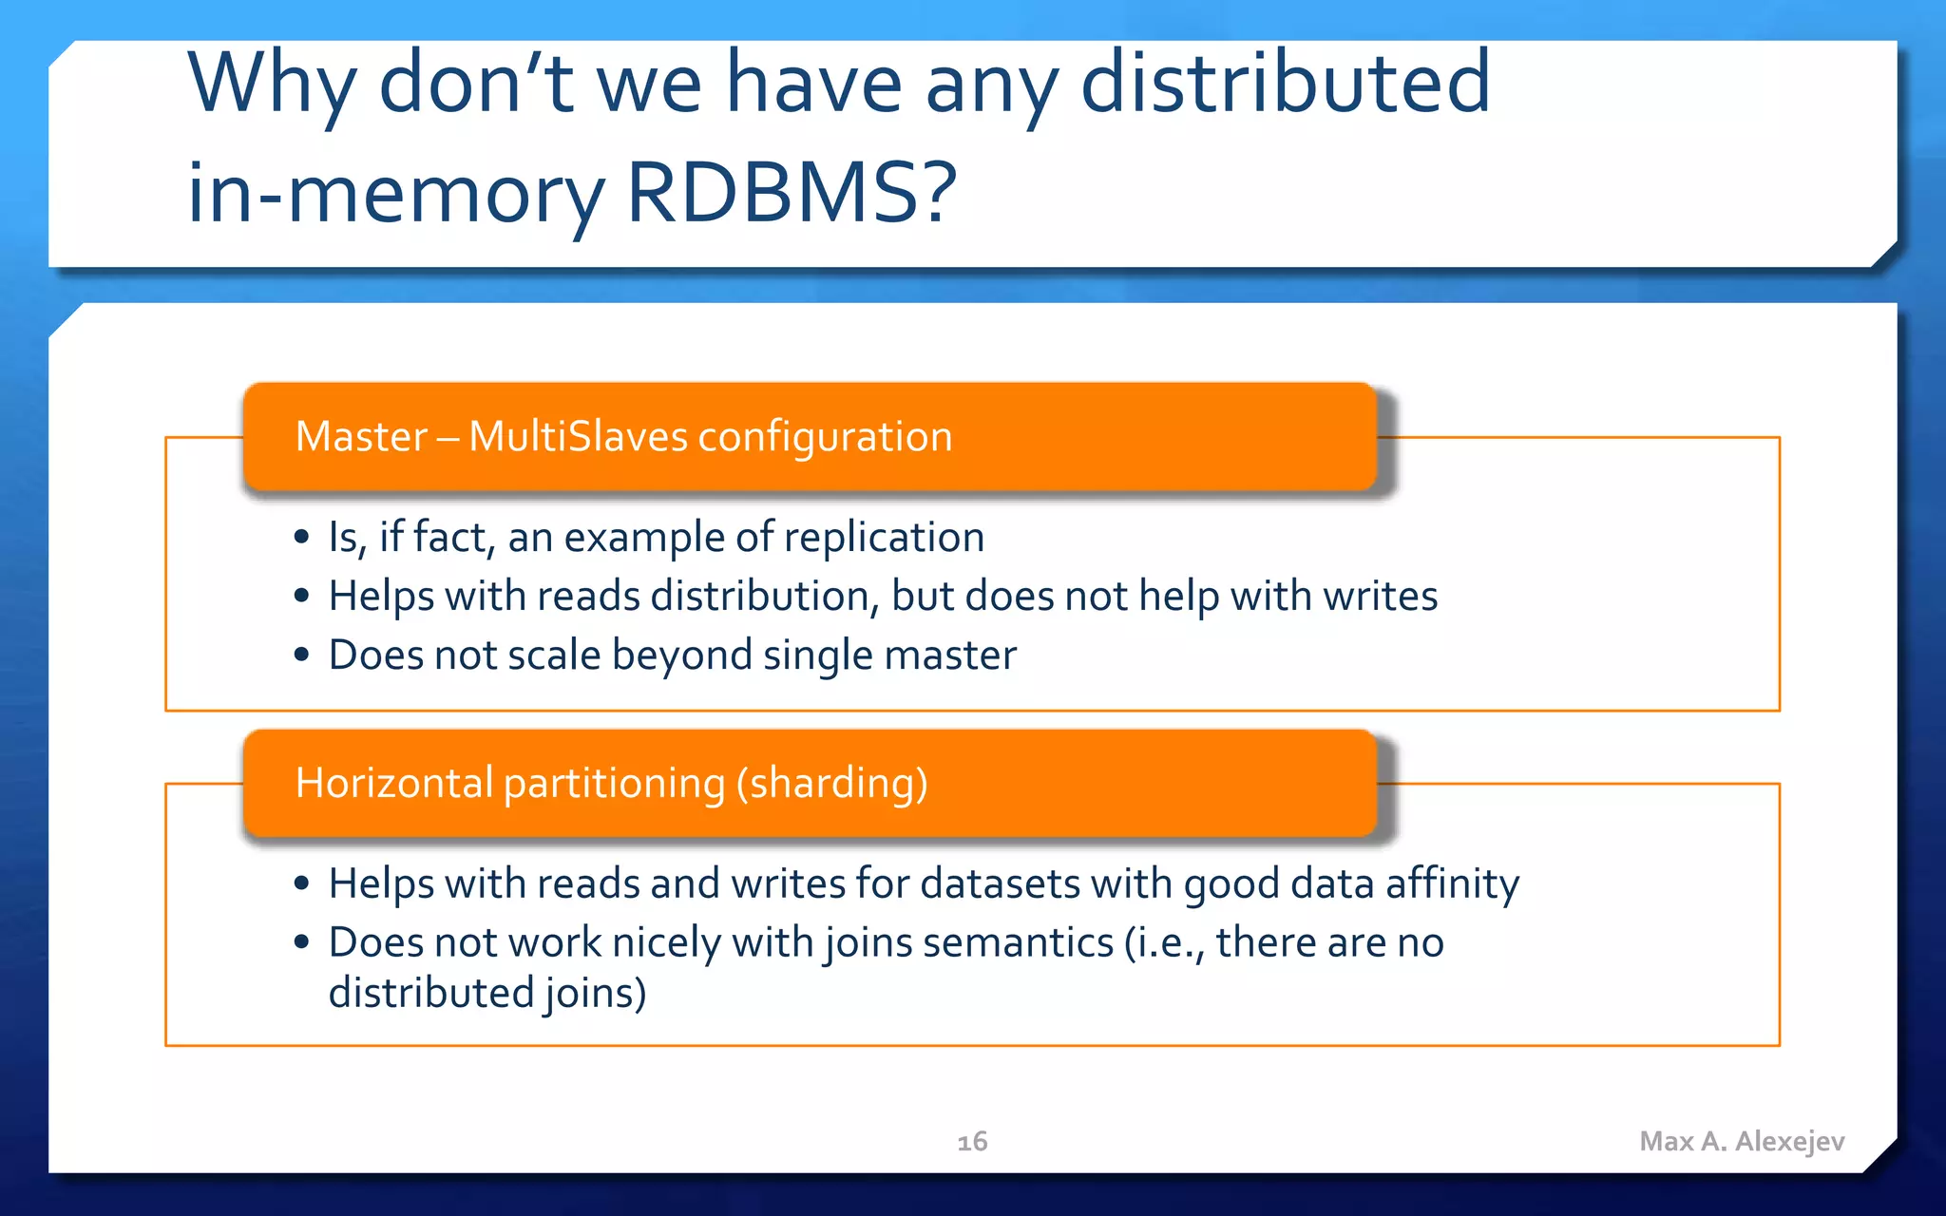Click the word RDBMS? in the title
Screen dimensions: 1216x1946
[x=792, y=193]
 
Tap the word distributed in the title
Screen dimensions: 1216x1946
[x=1286, y=84]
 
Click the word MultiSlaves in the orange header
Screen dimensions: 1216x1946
[x=578, y=437]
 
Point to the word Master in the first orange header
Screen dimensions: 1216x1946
[x=361, y=437]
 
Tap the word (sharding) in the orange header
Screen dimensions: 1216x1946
[x=831, y=785]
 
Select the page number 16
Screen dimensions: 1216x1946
[x=972, y=1141]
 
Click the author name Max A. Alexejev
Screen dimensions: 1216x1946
[x=1742, y=1141]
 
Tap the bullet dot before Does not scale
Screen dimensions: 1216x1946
[x=302, y=655]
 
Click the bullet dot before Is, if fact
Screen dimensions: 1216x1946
[x=302, y=538]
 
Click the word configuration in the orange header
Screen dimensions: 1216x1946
[x=825, y=437]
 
